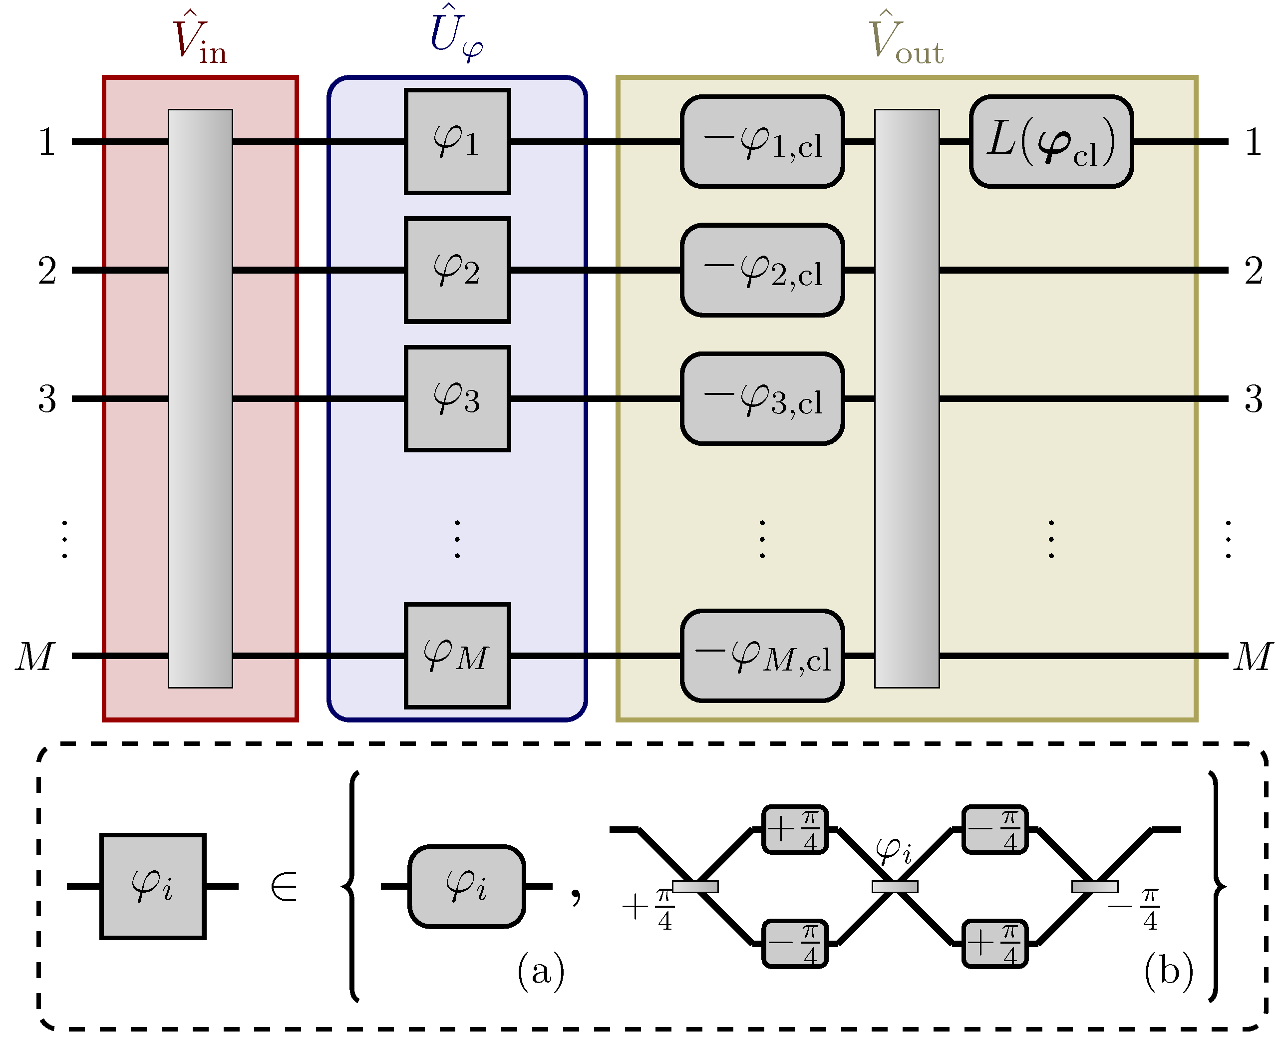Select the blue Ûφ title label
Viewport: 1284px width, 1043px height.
(x=456, y=35)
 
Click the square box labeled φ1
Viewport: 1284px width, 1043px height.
(x=457, y=142)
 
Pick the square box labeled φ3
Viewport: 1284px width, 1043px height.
(x=457, y=398)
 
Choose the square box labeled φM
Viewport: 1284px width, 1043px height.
(x=457, y=656)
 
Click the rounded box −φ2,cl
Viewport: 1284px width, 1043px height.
(x=762, y=271)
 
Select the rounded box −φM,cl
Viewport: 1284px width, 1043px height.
(x=762, y=656)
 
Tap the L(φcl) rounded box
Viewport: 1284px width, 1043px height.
(x=1050, y=142)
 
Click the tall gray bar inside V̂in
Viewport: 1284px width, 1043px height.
(x=200, y=398)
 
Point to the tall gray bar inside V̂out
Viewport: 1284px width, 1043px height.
(x=906, y=398)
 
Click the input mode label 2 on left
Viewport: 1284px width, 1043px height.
(x=47, y=271)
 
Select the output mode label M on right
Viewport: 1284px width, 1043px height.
(x=1252, y=656)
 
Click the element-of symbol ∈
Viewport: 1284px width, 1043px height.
(x=284, y=887)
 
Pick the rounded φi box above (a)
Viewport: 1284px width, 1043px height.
(x=466, y=886)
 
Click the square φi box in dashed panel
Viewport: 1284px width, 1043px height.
(x=153, y=886)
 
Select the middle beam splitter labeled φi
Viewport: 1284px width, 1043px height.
(x=894, y=886)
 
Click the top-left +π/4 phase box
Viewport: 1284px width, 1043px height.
(x=794, y=829)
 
